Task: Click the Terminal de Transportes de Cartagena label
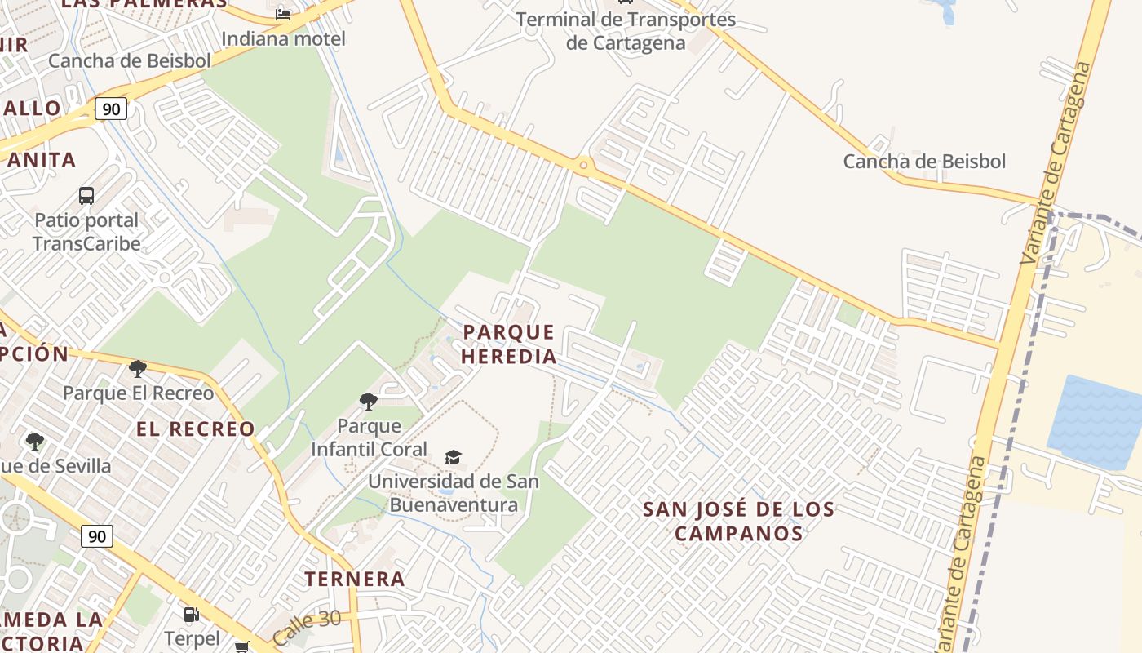tap(626, 31)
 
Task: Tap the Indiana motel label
tap(283, 38)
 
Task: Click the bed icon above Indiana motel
tap(283, 14)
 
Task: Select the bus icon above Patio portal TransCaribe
tap(86, 195)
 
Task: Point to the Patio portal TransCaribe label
tap(86, 232)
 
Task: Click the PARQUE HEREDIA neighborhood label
tap(509, 344)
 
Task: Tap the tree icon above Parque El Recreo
tap(138, 369)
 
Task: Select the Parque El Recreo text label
tap(138, 393)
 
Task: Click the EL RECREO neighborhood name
tap(196, 429)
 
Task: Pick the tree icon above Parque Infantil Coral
tap(369, 401)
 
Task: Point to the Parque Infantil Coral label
tap(369, 438)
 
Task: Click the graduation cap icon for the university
tap(453, 457)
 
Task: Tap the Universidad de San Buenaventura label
tap(454, 493)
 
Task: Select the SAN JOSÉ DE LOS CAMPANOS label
tap(739, 522)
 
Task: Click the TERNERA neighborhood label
tap(355, 580)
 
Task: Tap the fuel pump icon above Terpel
tap(191, 614)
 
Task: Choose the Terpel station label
tap(192, 637)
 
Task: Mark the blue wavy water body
tap(1096, 422)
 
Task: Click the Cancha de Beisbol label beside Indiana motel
tap(130, 60)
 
